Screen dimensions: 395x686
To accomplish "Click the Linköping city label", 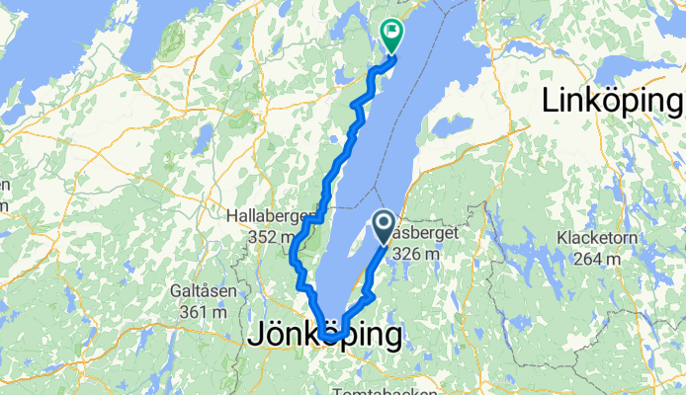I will [x=612, y=101].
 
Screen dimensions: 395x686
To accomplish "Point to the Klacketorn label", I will [x=602, y=238].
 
